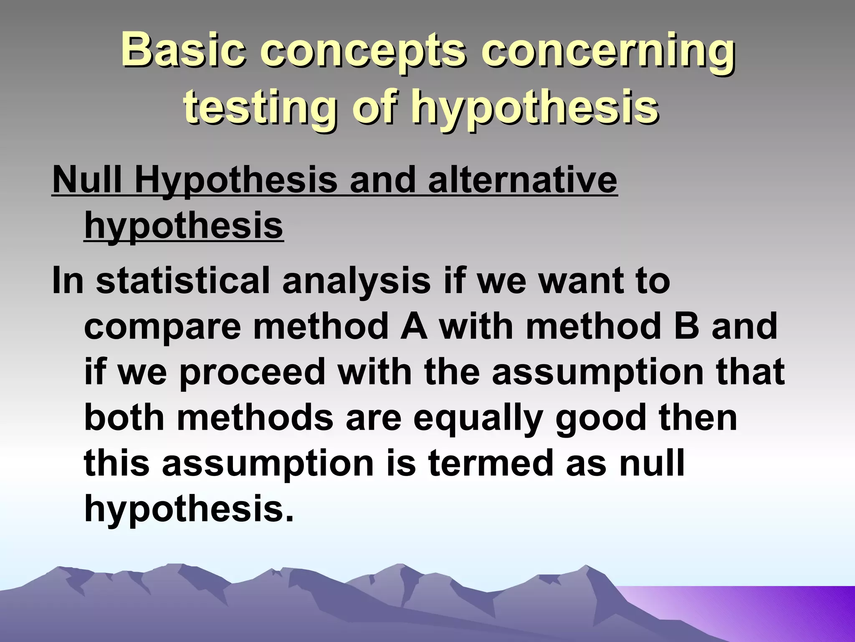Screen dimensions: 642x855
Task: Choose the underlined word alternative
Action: pyautogui.click(x=522, y=181)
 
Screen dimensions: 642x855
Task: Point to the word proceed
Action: pyautogui.click(x=252, y=373)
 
